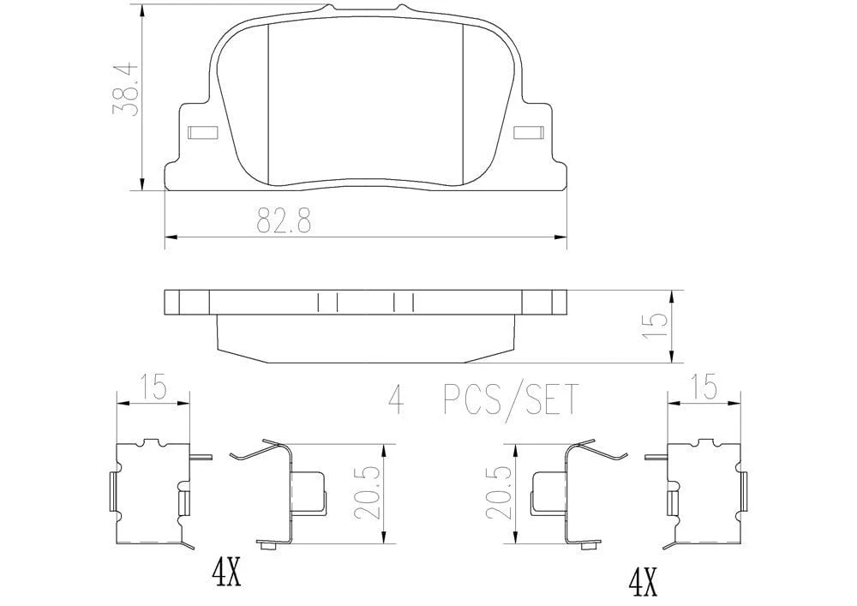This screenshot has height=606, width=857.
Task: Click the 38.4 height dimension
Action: click(123, 91)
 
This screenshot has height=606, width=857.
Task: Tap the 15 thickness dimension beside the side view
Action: click(656, 326)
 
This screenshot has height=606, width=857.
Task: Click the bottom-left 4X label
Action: click(225, 573)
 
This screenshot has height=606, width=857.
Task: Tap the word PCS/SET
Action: click(509, 400)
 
